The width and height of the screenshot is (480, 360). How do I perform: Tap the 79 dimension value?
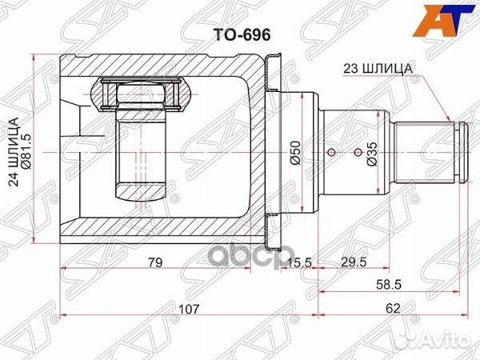[157, 262]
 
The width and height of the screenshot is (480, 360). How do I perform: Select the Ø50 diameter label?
[294, 150]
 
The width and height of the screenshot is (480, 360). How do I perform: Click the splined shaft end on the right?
[426, 150]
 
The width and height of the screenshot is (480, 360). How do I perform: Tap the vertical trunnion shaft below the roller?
[140, 156]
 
